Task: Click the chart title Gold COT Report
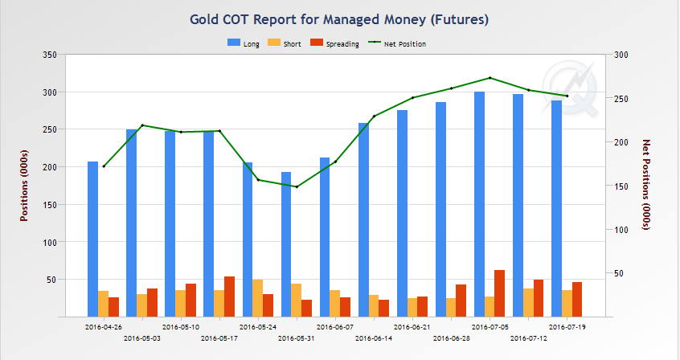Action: pos(339,17)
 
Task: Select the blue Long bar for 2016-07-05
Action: pos(479,204)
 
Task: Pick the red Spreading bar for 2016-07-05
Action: pos(499,293)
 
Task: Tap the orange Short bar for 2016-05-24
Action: pos(257,298)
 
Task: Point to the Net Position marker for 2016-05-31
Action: pos(297,186)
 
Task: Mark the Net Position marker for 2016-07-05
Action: pos(490,78)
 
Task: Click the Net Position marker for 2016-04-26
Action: pos(104,166)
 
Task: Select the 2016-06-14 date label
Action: pos(374,338)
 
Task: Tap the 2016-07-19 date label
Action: pos(567,327)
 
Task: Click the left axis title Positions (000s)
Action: pos(25,186)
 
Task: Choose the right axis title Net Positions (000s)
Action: pos(647,186)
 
